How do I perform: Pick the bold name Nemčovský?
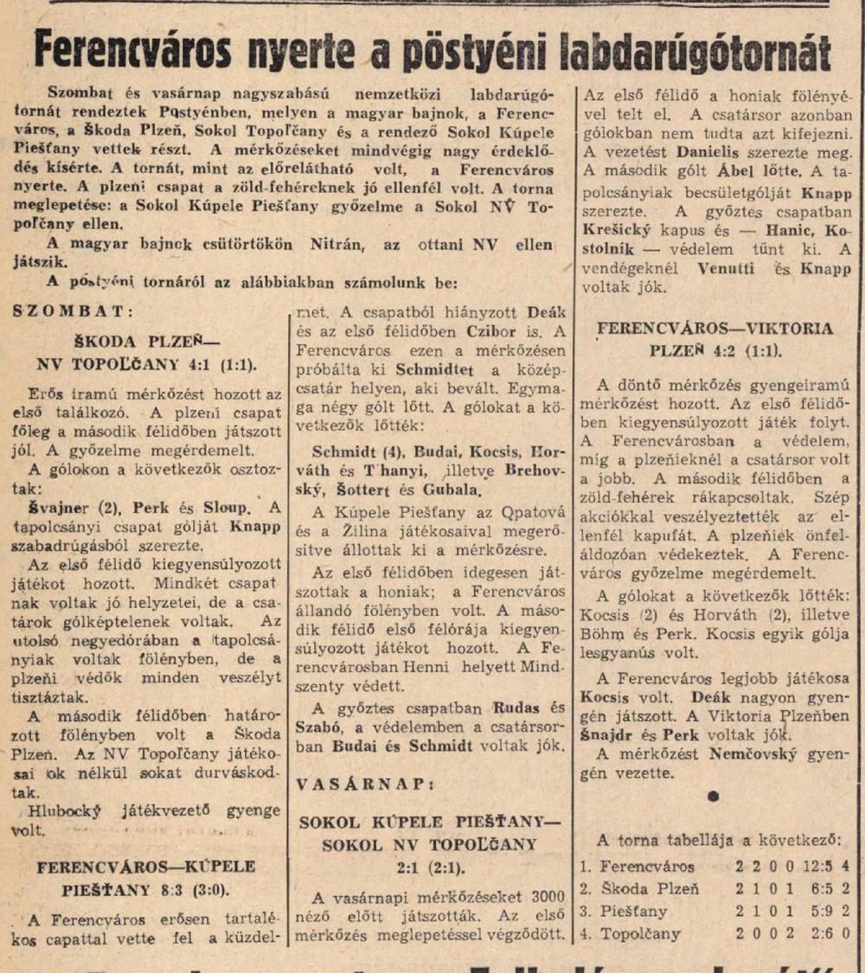coord(765,754)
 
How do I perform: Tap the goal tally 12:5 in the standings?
coord(807,866)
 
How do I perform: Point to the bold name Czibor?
coord(497,331)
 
